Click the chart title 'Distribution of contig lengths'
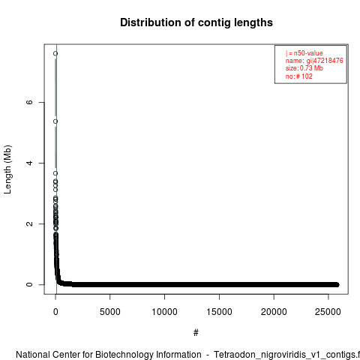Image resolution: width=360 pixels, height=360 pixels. [x=196, y=22]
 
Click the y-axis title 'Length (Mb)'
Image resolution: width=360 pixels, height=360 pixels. [x=7, y=169]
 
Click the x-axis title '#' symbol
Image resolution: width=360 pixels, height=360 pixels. [x=196, y=333]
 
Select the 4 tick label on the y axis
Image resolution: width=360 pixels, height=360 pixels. [x=29, y=163]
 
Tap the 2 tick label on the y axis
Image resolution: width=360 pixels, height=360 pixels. [x=29, y=223]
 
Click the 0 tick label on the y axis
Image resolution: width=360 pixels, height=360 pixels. [x=29, y=284]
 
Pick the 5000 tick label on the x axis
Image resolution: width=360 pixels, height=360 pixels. [x=110, y=312]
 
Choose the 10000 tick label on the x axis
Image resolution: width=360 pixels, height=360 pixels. [x=165, y=312]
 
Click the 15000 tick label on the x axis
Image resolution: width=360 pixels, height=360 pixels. [x=219, y=312]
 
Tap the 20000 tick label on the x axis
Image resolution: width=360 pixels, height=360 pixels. [x=274, y=312]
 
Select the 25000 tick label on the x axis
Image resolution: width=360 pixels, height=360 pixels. [x=328, y=312]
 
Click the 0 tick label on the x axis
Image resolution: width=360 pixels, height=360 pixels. [x=55, y=312]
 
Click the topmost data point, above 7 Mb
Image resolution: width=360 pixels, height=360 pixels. [x=55, y=53]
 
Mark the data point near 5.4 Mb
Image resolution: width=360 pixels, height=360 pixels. [x=55, y=121]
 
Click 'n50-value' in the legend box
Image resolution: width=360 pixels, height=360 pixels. [x=308, y=53]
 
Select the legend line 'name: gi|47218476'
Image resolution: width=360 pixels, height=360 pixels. [x=314, y=61]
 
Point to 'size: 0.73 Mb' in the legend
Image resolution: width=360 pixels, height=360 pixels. [x=304, y=68]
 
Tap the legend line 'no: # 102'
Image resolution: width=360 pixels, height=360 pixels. [x=299, y=76]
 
